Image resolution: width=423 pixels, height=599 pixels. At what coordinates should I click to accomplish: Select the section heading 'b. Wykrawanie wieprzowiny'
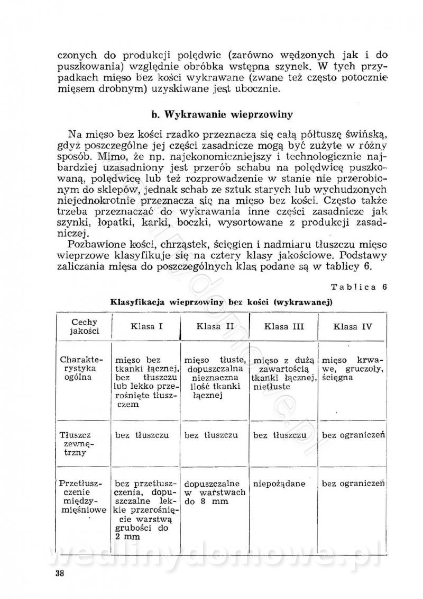[x=222, y=114]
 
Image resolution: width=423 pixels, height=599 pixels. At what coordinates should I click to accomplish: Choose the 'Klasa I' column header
[x=146, y=326]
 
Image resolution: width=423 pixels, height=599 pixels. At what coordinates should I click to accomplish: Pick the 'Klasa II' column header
[x=215, y=326]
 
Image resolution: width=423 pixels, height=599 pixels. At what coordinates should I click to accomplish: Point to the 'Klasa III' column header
[x=284, y=326]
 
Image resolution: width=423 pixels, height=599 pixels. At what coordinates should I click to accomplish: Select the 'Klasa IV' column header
[x=352, y=326]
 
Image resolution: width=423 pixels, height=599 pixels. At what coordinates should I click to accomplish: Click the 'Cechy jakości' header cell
[x=84, y=327]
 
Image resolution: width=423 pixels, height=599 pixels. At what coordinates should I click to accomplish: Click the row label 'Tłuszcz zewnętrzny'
[x=81, y=444]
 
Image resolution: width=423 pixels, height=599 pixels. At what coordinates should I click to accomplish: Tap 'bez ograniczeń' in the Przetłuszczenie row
[x=353, y=484]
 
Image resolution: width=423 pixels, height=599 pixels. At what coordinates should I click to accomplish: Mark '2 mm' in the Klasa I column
[x=126, y=538]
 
